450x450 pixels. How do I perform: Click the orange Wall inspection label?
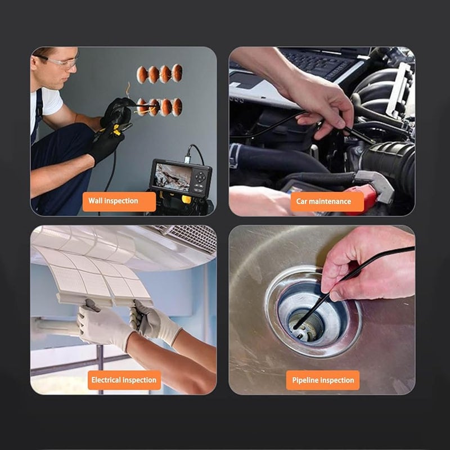(119, 201)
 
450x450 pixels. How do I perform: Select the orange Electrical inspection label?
(124, 380)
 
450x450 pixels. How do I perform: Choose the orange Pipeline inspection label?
(323, 380)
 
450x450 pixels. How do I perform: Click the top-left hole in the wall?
(142, 74)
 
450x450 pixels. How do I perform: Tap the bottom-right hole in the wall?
(177, 106)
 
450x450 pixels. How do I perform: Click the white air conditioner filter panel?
(96, 270)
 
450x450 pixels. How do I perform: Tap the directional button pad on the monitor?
(200, 178)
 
